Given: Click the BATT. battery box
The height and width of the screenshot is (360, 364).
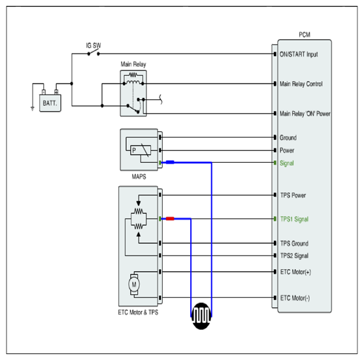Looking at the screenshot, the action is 50,103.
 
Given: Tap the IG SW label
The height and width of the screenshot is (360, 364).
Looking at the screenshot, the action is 93,46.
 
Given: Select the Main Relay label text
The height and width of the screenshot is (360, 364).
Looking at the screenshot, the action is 133,64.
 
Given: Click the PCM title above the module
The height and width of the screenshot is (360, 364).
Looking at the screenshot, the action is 305,35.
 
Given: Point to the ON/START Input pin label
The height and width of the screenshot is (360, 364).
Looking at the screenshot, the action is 299,54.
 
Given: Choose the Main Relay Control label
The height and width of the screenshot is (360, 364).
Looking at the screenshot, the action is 301,84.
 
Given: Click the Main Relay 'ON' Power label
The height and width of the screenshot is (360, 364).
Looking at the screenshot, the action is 305,114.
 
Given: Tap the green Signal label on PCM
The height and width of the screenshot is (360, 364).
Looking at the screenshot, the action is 287,163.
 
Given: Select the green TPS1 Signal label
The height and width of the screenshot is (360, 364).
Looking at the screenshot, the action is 294,219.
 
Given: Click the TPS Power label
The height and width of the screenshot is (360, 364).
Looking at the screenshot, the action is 293,195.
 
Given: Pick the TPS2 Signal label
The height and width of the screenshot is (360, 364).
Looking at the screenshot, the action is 294,255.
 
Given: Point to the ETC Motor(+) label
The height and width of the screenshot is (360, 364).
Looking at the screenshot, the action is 295,272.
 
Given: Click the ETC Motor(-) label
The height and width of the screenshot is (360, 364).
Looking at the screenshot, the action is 295,298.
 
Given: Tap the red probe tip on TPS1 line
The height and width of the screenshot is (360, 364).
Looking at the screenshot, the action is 170,219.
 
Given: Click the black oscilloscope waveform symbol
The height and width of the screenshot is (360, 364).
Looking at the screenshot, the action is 201,316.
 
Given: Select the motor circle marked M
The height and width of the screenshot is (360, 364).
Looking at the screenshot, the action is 134,284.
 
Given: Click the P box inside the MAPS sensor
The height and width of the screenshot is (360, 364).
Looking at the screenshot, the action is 141,150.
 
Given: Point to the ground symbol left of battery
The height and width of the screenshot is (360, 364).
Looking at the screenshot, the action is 33,108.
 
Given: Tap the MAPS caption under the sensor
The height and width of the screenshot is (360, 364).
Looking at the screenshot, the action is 139,177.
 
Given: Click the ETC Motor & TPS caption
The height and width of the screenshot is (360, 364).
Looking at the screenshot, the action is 138,312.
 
